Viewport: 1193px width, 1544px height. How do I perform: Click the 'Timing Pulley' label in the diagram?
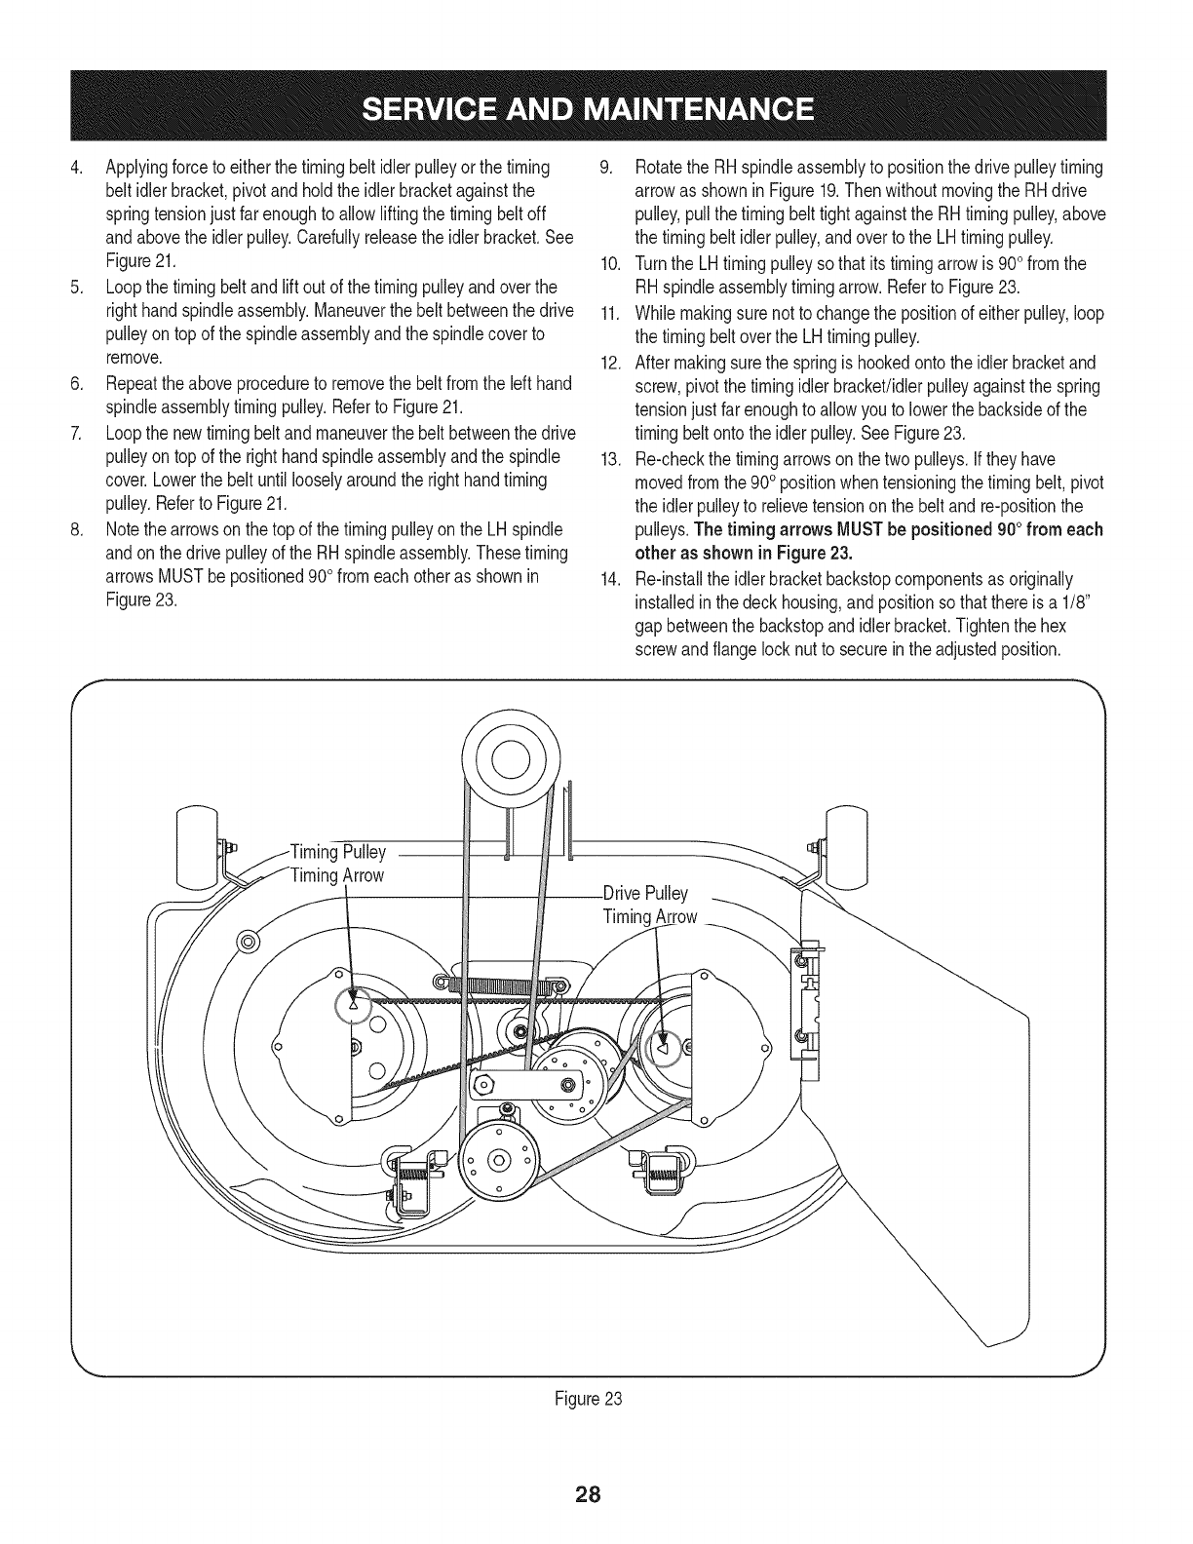338,852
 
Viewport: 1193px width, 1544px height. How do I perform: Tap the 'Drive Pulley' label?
645,893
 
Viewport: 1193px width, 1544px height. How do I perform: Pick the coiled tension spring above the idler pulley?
503,986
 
